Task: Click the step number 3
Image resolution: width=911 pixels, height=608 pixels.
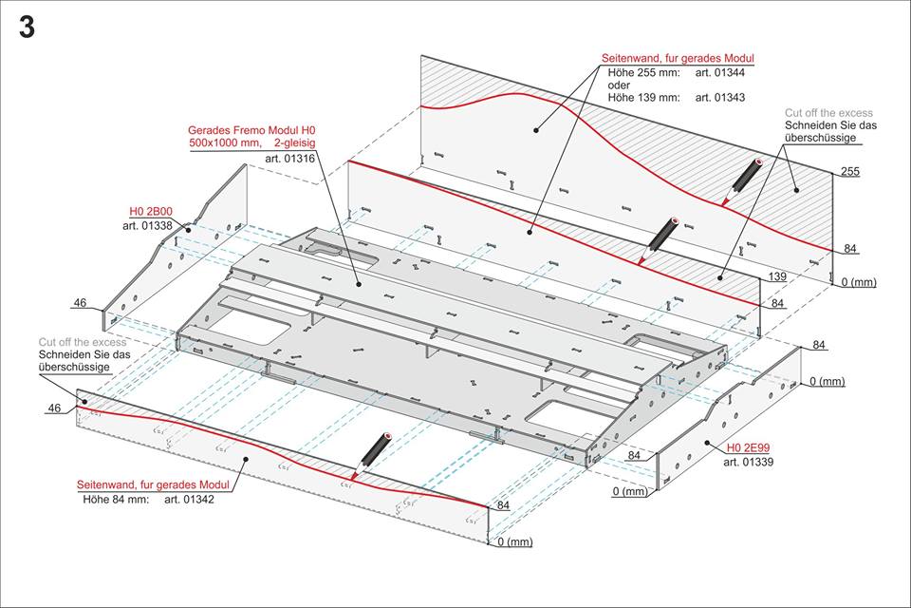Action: [27, 28]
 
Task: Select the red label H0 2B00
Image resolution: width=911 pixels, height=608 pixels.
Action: [151, 211]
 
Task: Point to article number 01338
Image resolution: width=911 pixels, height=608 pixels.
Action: [147, 225]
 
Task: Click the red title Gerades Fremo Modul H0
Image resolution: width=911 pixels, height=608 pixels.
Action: [251, 129]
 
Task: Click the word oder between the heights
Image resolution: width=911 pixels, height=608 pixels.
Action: [618, 85]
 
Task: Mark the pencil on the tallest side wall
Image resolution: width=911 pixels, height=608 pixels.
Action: [742, 180]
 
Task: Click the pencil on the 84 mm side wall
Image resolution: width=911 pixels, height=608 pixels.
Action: [372, 455]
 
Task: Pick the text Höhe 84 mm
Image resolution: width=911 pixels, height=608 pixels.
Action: [116, 499]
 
